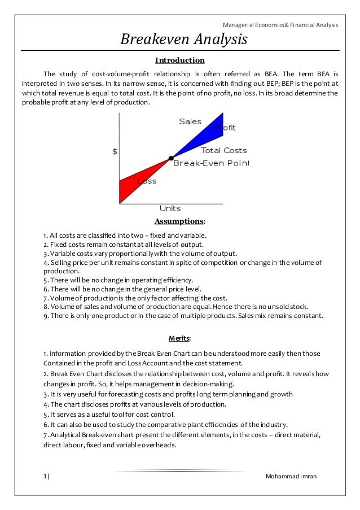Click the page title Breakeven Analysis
pos(184,40)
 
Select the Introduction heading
pos(179,60)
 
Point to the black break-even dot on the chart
pos(170,158)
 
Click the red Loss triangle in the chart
pos(135,181)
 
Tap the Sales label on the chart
pos(190,121)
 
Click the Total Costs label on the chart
pos(224,151)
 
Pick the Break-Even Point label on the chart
pos(210,163)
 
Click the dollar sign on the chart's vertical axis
pos(115,151)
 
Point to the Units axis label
pos(170,208)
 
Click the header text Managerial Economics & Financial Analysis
pos(280,25)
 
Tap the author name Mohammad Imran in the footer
pos(291,476)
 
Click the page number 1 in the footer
pos(45,476)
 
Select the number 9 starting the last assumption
pos(45,316)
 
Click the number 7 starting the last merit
pos(45,434)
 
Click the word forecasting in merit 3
pos(121,394)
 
